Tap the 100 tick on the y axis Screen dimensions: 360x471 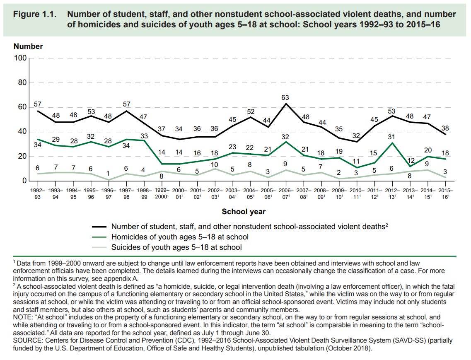[20, 58]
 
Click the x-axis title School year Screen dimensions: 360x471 [244, 212]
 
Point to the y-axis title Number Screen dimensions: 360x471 [28, 46]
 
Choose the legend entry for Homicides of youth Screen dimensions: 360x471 [179, 237]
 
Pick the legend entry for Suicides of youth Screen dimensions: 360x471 [176, 247]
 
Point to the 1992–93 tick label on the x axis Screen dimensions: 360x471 [38, 193]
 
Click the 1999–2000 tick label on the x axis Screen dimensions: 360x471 [162, 193]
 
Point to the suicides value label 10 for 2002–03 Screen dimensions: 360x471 [215, 164]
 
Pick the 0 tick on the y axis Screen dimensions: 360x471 [24, 181]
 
